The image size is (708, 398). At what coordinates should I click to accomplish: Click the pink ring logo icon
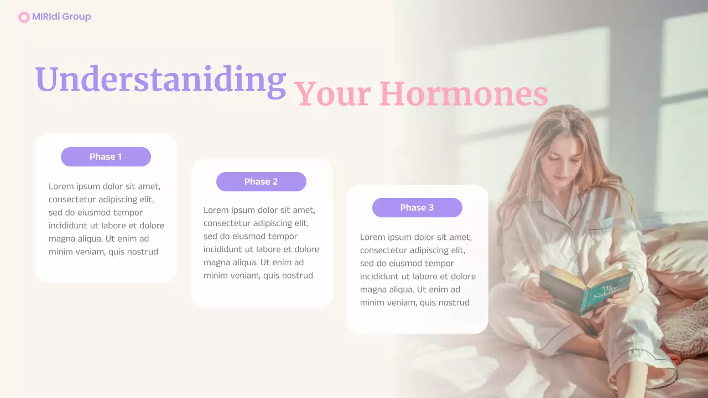(x=24, y=17)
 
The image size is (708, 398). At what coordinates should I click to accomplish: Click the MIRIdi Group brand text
(x=61, y=17)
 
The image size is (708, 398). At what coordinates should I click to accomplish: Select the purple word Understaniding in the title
(x=160, y=80)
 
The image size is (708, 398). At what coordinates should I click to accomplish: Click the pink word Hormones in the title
(x=464, y=94)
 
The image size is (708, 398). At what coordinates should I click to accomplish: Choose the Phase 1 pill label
(x=106, y=157)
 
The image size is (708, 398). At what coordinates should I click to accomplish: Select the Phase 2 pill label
(x=261, y=182)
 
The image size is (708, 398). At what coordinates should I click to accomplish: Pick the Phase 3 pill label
(x=417, y=208)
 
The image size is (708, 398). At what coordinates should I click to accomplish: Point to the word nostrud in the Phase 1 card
(x=141, y=252)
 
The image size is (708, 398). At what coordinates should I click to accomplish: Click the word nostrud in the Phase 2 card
(x=296, y=276)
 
